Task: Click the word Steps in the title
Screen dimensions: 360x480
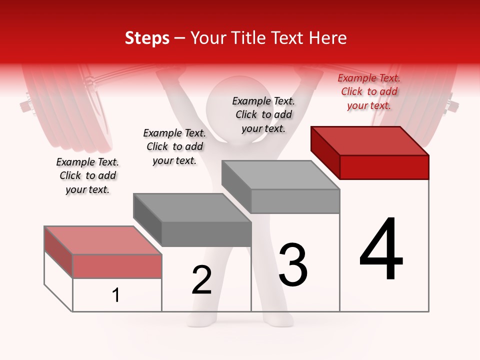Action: pos(147,38)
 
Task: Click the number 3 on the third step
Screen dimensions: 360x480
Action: pos(293,265)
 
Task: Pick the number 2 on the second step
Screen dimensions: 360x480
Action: pos(202,280)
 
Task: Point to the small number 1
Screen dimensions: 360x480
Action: pos(116,295)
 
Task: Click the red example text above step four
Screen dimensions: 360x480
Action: pos(369,91)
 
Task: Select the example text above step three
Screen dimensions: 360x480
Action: pos(263,114)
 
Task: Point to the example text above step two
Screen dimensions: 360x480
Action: pos(174,146)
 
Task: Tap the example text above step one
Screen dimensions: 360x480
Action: pos(87,175)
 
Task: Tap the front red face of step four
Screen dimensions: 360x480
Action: pos(384,167)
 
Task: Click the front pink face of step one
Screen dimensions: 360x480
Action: pos(117,266)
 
